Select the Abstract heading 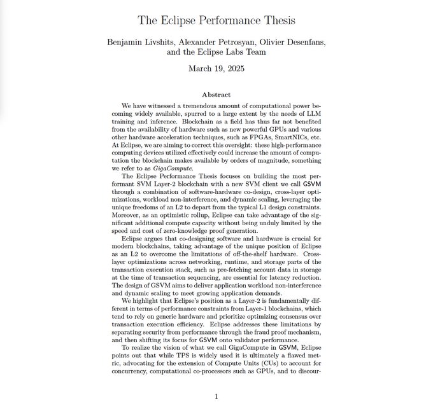216,95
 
